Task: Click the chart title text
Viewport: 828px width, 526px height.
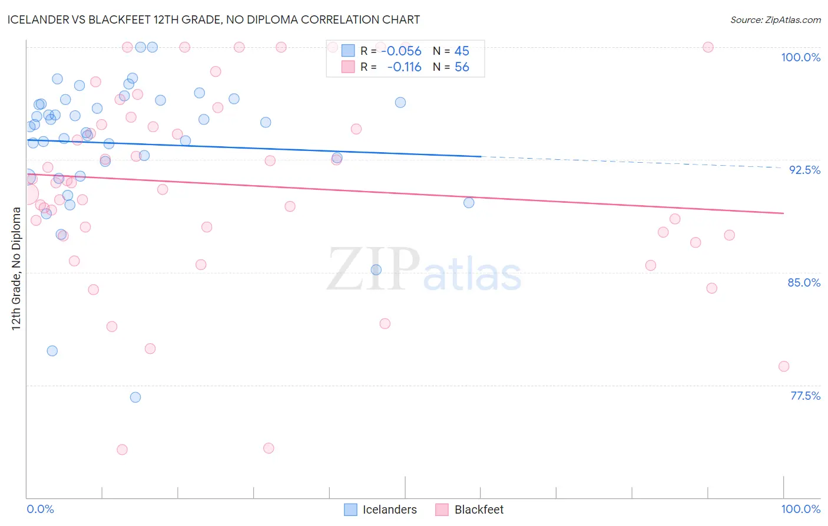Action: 214,19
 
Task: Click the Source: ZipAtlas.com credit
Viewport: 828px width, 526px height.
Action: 775,19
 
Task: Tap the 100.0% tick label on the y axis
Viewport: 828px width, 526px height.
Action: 800,57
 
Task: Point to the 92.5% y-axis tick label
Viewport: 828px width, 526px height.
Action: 804,170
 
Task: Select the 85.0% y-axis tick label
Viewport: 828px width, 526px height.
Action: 804,282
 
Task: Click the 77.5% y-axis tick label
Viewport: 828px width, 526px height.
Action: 805,396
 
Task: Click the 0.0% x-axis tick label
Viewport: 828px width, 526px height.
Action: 40,509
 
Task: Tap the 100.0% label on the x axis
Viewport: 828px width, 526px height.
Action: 800,509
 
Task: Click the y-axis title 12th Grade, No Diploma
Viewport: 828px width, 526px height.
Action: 16,268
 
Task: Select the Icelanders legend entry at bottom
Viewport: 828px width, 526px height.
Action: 389,509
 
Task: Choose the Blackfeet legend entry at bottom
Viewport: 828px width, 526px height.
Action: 478,509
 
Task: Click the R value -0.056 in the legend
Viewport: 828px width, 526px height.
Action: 401,51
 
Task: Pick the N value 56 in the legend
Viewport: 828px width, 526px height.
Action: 462,67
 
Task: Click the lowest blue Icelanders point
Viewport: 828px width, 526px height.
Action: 135,397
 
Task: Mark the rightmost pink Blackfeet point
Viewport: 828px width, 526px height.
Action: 783,366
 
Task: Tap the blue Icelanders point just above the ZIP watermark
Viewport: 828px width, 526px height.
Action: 376,269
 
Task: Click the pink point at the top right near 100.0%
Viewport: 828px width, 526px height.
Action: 708,47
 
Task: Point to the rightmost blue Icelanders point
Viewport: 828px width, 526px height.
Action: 469,203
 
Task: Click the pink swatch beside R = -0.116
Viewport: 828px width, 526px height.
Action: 348,67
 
